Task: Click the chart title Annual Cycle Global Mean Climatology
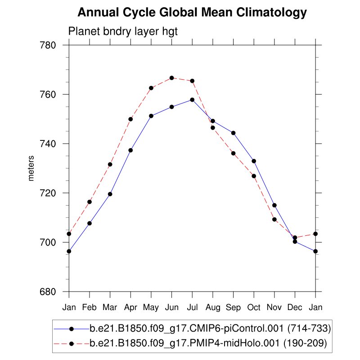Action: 192,13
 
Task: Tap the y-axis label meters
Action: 31,168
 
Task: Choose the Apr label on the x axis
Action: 130,308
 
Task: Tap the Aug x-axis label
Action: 213,308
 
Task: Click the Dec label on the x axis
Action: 295,308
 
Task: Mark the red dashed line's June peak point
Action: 171,78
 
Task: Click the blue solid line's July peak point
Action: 192,99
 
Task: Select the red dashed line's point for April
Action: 130,119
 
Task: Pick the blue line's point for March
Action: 110,194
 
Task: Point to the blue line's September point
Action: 233,133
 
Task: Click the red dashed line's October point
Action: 254,175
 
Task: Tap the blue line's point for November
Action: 274,205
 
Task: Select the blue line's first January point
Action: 69,251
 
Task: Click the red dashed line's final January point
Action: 315,234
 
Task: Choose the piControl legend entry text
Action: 210,329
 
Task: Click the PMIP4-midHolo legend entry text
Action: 208,344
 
